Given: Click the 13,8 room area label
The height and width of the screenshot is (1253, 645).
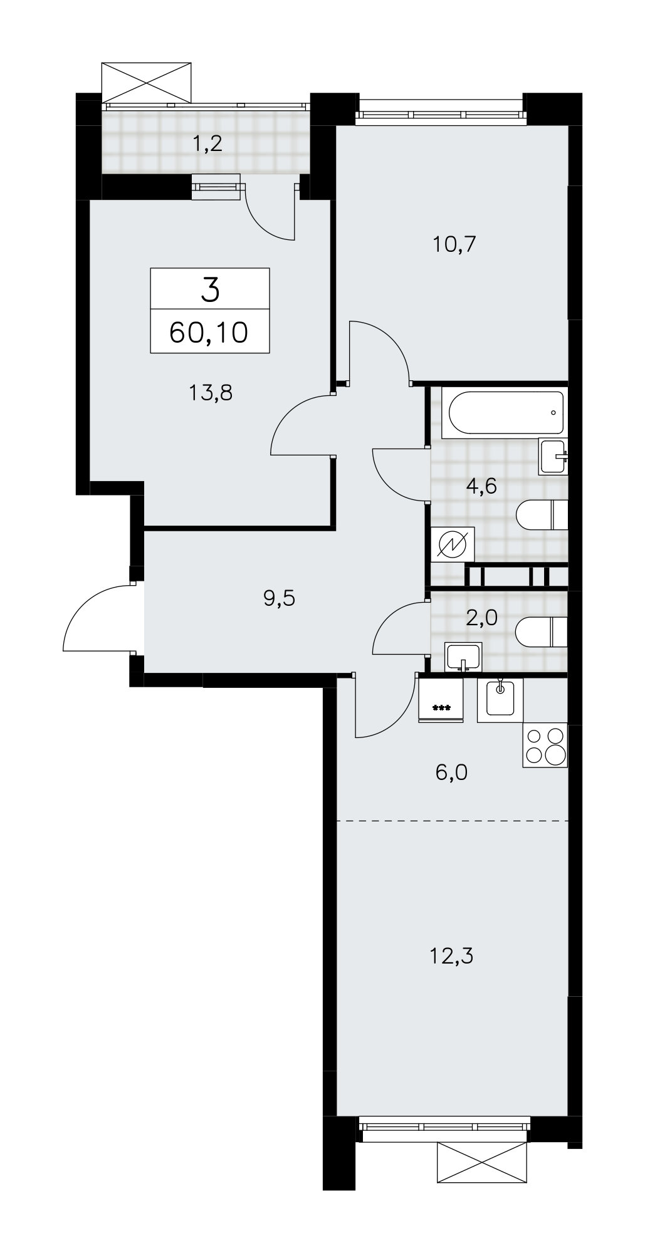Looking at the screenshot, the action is [x=211, y=393].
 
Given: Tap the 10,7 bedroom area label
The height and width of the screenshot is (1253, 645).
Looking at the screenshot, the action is [x=455, y=244].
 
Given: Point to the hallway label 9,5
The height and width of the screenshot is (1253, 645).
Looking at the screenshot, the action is [x=279, y=599].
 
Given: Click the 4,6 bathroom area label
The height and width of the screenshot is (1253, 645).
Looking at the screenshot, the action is [x=483, y=486].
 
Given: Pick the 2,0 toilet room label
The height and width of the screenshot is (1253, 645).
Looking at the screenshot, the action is [x=483, y=618].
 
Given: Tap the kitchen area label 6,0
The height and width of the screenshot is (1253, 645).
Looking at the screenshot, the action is [x=451, y=772].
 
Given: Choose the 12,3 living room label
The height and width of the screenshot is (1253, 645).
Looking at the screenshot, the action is [x=451, y=957].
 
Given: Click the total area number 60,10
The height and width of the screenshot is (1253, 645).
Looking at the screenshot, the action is [x=209, y=332].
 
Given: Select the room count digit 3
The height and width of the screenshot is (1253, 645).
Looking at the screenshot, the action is [x=210, y=290].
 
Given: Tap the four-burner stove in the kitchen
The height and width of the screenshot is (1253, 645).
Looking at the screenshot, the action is [x=545, y=745].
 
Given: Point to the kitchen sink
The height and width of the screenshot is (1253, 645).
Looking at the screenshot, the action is [x=500, y=700].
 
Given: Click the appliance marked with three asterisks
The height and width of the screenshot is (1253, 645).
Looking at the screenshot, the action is [x=441, y=700].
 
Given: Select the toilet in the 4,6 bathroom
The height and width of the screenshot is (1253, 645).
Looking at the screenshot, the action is [x=542, y=515].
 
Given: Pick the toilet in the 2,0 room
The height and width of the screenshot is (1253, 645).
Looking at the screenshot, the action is [x=542, y=632].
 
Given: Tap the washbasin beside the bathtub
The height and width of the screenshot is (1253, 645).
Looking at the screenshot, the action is [x=553, y=457].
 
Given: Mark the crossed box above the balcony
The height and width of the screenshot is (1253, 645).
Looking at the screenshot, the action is [x=146, y=81].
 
